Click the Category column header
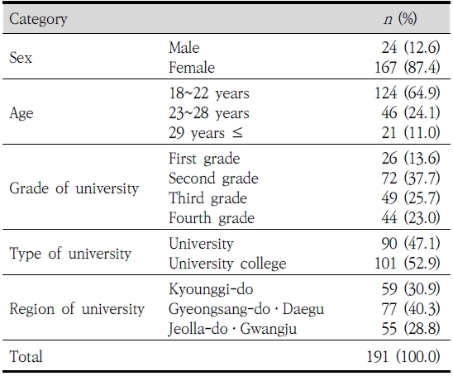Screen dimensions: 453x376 [38, 19]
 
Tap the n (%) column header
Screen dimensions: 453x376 [400, 19]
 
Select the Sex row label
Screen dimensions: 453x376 [21, 58]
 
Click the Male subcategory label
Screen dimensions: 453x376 [184, 47]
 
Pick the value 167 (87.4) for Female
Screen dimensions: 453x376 [408, 67]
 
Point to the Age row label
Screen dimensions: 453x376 [21, 113]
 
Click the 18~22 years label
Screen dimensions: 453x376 [209, 93]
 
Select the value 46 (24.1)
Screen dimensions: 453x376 [411, 112]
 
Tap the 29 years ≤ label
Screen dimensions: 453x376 [206, 133]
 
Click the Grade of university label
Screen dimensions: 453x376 [74, 188]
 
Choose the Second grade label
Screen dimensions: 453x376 [213, 178]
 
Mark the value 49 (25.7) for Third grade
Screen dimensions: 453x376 [411, 198]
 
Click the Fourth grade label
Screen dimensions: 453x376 [212, 217]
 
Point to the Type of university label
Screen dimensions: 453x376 [70, 254]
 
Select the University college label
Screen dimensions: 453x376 [227, 264]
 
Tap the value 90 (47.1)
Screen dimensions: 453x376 [411, 243]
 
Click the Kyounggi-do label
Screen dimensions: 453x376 [211, 289]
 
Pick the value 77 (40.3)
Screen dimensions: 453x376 [411, 309]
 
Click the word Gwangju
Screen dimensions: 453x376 [269, 329]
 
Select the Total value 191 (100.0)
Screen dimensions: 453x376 [403, 356]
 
